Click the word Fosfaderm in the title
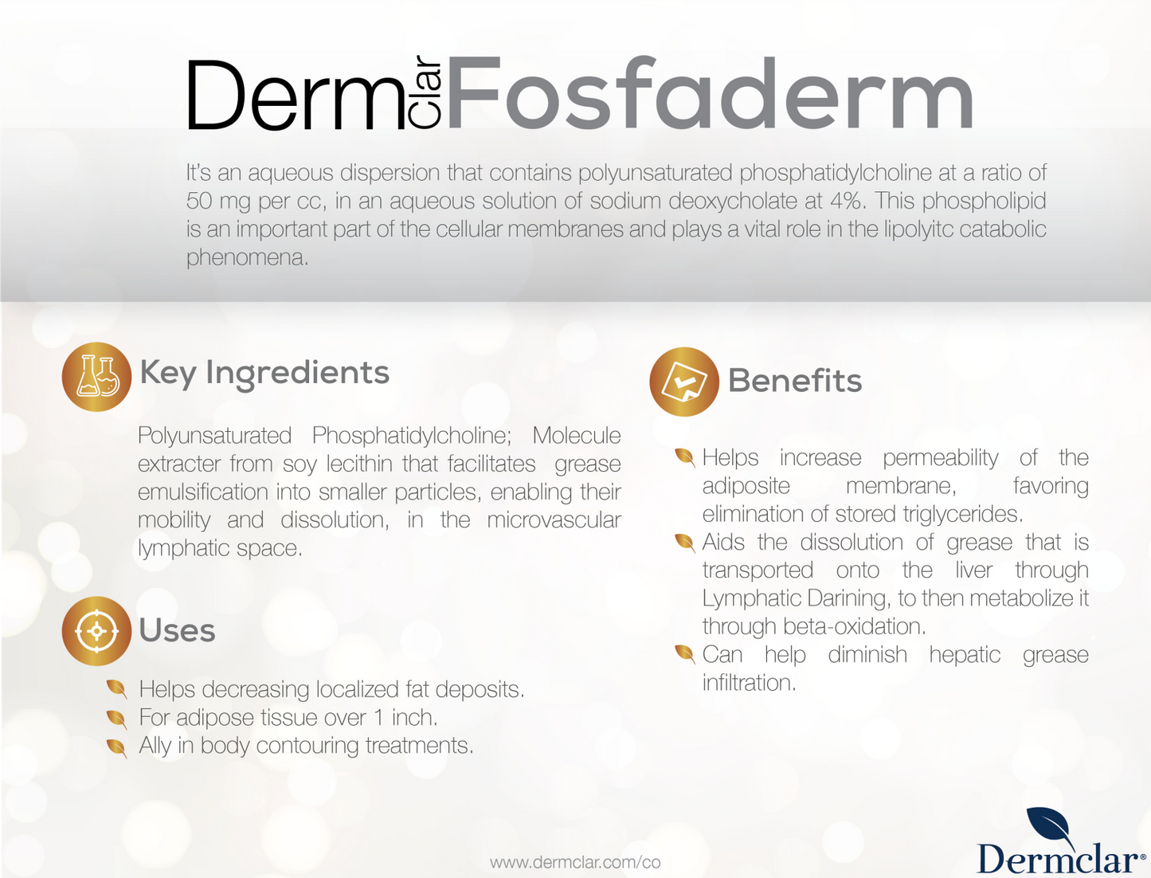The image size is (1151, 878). pos(710,92)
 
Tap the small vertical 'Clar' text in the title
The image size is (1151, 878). pos(425,92)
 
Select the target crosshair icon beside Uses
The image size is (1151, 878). pos(96,631)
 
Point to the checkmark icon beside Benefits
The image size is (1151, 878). pos(683,382)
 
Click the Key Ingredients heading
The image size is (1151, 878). pos(264,374)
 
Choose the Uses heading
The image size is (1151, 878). pos(178,630)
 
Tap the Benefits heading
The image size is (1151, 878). pos(795,380)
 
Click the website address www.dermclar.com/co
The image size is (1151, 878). pos(575,862)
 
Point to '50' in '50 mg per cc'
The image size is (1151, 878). pos(199,201)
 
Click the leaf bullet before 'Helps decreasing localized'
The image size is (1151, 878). pos(116,689)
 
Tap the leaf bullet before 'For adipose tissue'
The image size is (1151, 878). pos(116,719)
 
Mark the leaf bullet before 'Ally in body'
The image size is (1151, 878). pos(116,747)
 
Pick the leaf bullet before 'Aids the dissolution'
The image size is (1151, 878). pos(685,543)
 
